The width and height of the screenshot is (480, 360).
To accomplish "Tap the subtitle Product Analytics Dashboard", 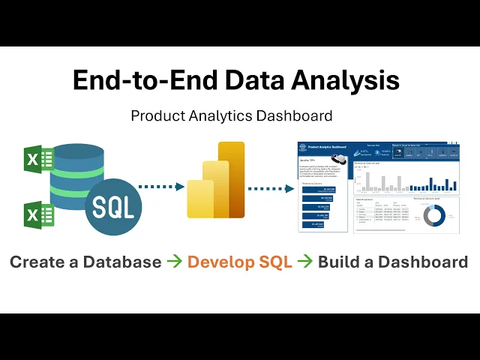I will pos(232,116).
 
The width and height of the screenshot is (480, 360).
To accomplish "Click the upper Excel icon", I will pos(39,158).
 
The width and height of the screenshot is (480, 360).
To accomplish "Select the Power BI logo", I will pos(217,180).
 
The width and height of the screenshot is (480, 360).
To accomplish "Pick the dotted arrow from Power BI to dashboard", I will pos(271,187).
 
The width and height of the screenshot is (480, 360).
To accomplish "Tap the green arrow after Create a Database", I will pos(174,262).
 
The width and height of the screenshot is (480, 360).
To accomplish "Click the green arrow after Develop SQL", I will pos(304,262).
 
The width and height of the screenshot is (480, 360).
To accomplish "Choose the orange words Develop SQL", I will pos(239,262).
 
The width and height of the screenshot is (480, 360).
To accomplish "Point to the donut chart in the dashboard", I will pos(434,215).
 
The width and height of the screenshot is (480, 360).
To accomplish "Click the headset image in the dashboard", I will pos(342,159).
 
